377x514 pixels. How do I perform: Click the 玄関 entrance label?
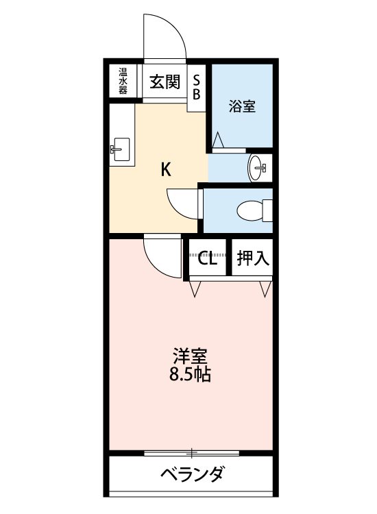pyautogui.click(x=165, y=82)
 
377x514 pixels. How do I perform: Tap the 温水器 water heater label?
pyautogui.click(x=123, y=82)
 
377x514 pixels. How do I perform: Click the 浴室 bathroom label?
pyautogui.click(x=242, y=106)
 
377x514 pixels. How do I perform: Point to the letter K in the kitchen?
pyautogui.click(x=166, y=170)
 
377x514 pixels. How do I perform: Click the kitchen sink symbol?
pyautogui.click(x=121, y=148)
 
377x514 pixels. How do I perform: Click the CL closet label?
pyautogui.click(x=207, y=258)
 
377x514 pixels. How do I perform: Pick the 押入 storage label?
pyautogui.click(x=252, y=258)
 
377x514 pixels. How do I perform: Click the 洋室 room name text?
pyautogui.click(x=190, y=356)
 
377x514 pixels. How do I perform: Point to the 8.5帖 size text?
pyautogui.click(x=190, y=375)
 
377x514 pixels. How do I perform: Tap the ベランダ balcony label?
pyautogui.click(x=193, y=474)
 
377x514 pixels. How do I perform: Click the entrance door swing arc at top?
pyautogui.click(x=165, y=34)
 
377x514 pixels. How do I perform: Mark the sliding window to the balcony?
pyautogui.click(x=193, y=452)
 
